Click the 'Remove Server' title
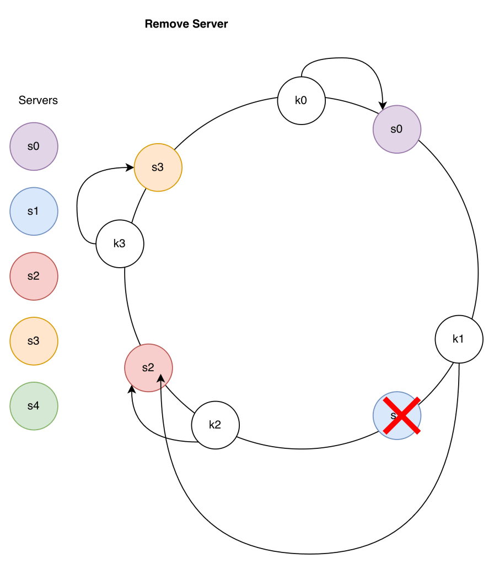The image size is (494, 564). pyautogui.click(x=186, y=24)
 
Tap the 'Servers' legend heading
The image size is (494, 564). pyautogui.click(x=38, y=100)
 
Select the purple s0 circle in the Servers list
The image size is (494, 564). pyautogui.click(x=34, y=147)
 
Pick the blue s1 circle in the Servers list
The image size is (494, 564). pyautogui.click(x=34, y=211)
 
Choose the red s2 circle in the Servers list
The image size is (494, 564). pyautogui.click(x=34, y=276)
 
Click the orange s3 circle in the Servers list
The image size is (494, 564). pyautogui.click(x=34, y=341)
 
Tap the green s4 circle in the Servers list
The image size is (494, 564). pyautogui.click(x=34, y=406)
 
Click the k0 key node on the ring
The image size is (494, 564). pyautogui.click(x=301, y=101)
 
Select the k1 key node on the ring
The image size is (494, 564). pyautogui.click(x=459, y=339)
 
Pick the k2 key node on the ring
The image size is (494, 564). pyautogui.click(x=215, y=425)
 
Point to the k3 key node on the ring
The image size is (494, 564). pyautogui.click(x=120, y=243)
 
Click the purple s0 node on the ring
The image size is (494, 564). pyautogui.click(x=397, y=129)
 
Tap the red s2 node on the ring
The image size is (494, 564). pyautogui.click(x=148, y=368)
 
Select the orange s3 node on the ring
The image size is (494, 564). pyautogui.click(x=158, y=167)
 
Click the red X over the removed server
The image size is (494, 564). pyautogui.click(x=402, y=415)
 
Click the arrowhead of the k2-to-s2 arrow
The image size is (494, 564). pyautogui.click(x=132, y=389)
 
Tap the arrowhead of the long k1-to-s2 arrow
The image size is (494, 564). pyautogui.click(x=161, y=378)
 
